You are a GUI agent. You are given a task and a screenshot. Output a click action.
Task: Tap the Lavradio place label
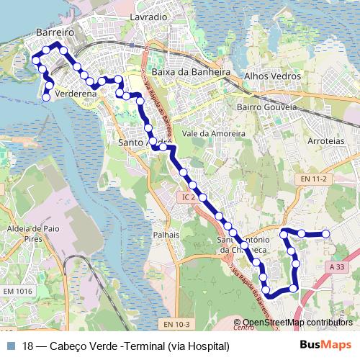coord(148,16)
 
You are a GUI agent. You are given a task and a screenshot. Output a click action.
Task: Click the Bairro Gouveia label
coord(266,107)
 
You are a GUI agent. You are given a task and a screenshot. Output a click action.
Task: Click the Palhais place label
coord(166,235)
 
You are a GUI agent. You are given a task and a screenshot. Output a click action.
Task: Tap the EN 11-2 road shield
coord(314,179)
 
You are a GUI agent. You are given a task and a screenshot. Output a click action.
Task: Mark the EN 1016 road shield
coord(17,291)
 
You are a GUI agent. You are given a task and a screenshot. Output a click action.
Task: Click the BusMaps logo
coord(325,345)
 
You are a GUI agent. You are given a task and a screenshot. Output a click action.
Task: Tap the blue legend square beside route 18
coord(10,346)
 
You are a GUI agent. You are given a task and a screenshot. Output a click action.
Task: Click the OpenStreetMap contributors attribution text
coord(297,323)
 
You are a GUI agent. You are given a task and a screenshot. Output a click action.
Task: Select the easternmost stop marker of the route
coord(325,233)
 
